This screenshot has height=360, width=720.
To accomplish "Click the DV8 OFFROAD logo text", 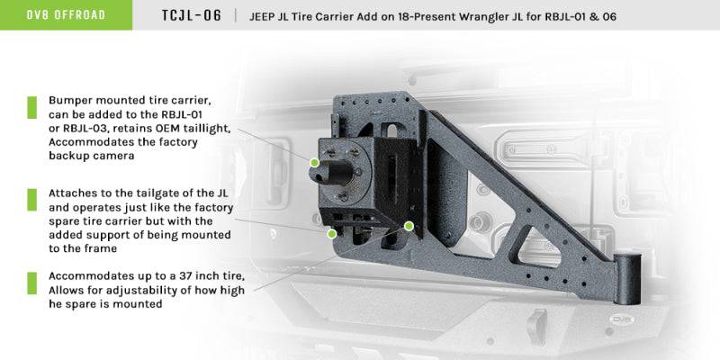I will (66, 15).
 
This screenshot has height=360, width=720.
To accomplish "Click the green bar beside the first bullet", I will (31, 107).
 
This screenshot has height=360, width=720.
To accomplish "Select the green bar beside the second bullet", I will (31, 198).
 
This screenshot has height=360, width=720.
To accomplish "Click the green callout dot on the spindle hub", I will (314, 162).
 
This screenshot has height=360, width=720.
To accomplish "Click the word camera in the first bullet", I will (118, 156).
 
